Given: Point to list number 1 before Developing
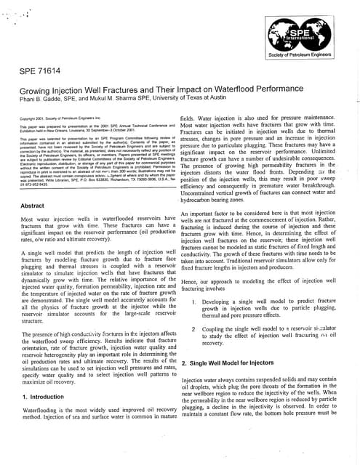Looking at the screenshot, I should coord(193,300).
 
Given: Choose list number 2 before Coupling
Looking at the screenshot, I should coord(193,328).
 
